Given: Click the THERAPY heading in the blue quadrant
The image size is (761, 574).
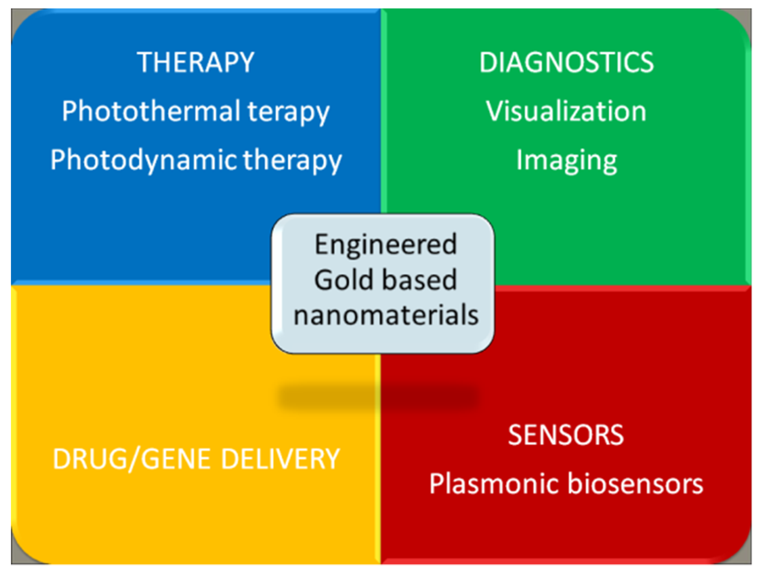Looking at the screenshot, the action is pos(196,62).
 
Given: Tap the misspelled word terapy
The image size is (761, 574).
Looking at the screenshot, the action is pos(288,112).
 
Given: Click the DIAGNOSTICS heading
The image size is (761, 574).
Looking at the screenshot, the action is pos(567,62).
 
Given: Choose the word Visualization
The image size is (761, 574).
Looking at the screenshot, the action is pos(566,111).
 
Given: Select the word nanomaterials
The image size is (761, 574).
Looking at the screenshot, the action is pos(386,315).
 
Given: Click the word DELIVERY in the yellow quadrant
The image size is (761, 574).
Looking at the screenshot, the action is pos(280,459).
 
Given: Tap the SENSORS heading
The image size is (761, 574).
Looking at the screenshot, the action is pos(566,435).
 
